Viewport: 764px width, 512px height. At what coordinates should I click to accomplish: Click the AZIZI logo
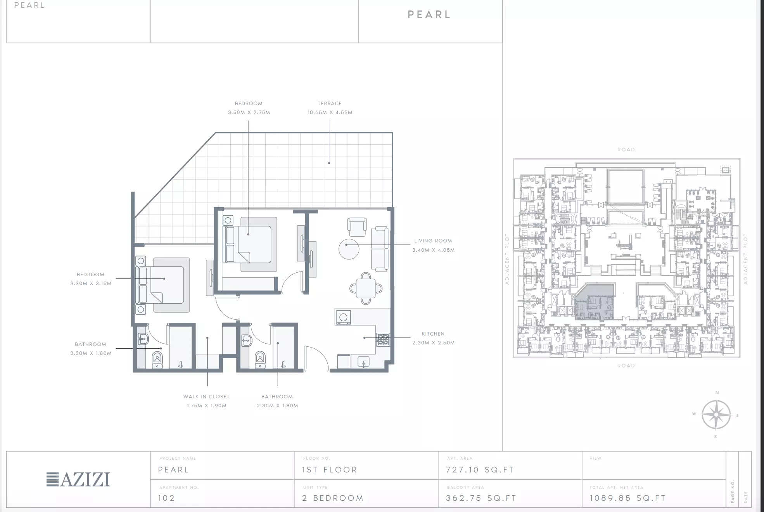pos(78,479)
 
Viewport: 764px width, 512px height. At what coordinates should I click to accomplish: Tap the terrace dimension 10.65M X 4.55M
pos(330,112)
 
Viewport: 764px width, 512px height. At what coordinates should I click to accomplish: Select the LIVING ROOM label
pos(433,241)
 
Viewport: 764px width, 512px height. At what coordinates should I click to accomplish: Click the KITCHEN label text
pos(433,334)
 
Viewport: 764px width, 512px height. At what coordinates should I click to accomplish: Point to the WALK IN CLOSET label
pos(206,396)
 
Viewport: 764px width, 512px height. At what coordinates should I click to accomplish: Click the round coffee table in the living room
pos(349,249)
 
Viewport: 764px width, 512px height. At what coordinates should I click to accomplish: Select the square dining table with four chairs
pos(366,288)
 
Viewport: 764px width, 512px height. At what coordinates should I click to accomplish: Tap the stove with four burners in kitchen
pos(383,340)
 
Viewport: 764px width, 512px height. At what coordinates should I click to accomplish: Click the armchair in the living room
pos(357,227)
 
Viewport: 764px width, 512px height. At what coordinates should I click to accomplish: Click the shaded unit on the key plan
pos(595,302)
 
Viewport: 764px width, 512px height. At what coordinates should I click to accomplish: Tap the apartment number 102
pos(166,498)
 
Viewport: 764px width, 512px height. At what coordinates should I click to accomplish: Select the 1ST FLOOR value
pos(330,470)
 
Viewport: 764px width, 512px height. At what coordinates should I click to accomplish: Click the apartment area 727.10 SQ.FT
pos(480,470)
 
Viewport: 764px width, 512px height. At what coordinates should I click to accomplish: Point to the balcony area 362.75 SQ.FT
pos(481,498)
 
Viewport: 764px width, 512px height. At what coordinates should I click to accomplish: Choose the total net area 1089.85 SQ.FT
pos(628,498)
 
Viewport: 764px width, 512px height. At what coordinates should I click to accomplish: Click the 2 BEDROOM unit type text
pos(333,498)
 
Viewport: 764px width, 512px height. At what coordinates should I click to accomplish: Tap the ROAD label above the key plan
pos(626,150)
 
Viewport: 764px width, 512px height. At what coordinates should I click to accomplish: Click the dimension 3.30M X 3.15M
pos(91,284)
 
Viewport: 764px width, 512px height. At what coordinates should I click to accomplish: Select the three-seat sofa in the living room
pos(380,249)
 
